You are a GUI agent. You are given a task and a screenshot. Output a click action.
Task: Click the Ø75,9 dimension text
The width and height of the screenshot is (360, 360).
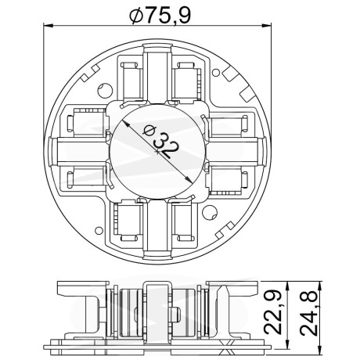click(160, 15)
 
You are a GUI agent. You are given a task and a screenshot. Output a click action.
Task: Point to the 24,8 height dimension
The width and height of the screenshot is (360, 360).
click(308, 313)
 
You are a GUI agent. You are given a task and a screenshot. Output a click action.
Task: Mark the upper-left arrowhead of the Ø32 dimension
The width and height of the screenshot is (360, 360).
click(126, 124)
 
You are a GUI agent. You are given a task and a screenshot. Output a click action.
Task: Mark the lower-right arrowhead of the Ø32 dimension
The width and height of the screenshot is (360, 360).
click(189, 179)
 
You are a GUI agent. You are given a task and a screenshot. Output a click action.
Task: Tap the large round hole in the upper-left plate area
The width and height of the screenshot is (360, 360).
click(105, 90)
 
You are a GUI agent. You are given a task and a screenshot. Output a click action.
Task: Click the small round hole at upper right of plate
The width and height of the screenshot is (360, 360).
click(215, 73)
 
